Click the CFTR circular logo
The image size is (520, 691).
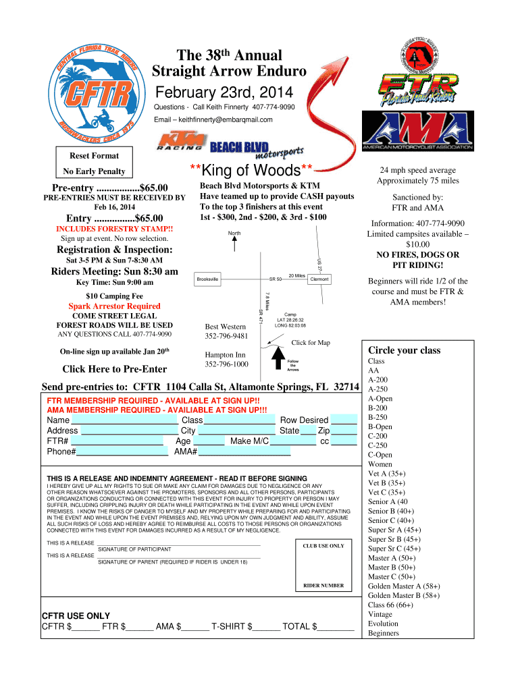[x=97, y=93]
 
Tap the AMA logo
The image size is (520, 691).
[x=417, y=131]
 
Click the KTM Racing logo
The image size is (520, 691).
[x=182, y=141]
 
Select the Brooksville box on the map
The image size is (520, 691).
[x=207, y=279]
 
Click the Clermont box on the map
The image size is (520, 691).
[x=319, y=279]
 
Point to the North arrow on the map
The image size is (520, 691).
[x=234, y=244]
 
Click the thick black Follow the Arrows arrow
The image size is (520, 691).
[x=278, y=358]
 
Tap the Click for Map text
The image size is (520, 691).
[x=311, y=342]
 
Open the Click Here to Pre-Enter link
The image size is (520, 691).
[x=115, y=369]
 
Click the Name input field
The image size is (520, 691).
[x=124, y=420]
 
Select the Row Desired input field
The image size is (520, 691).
[x=344, y=419]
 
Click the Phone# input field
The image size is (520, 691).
[x=122, y=451]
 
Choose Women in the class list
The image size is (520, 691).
[x=380, y=464]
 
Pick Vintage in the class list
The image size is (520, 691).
[x=380, y=614]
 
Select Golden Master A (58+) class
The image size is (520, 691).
[x=404, y=586]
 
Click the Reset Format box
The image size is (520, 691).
[x=95, y=162]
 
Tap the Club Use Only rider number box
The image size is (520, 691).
[x=323, y=565]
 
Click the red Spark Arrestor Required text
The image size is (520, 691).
[x=114, y=306]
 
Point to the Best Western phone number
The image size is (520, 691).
[x=226, y=336]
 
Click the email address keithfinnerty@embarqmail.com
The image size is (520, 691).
[x=226, y=119]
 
